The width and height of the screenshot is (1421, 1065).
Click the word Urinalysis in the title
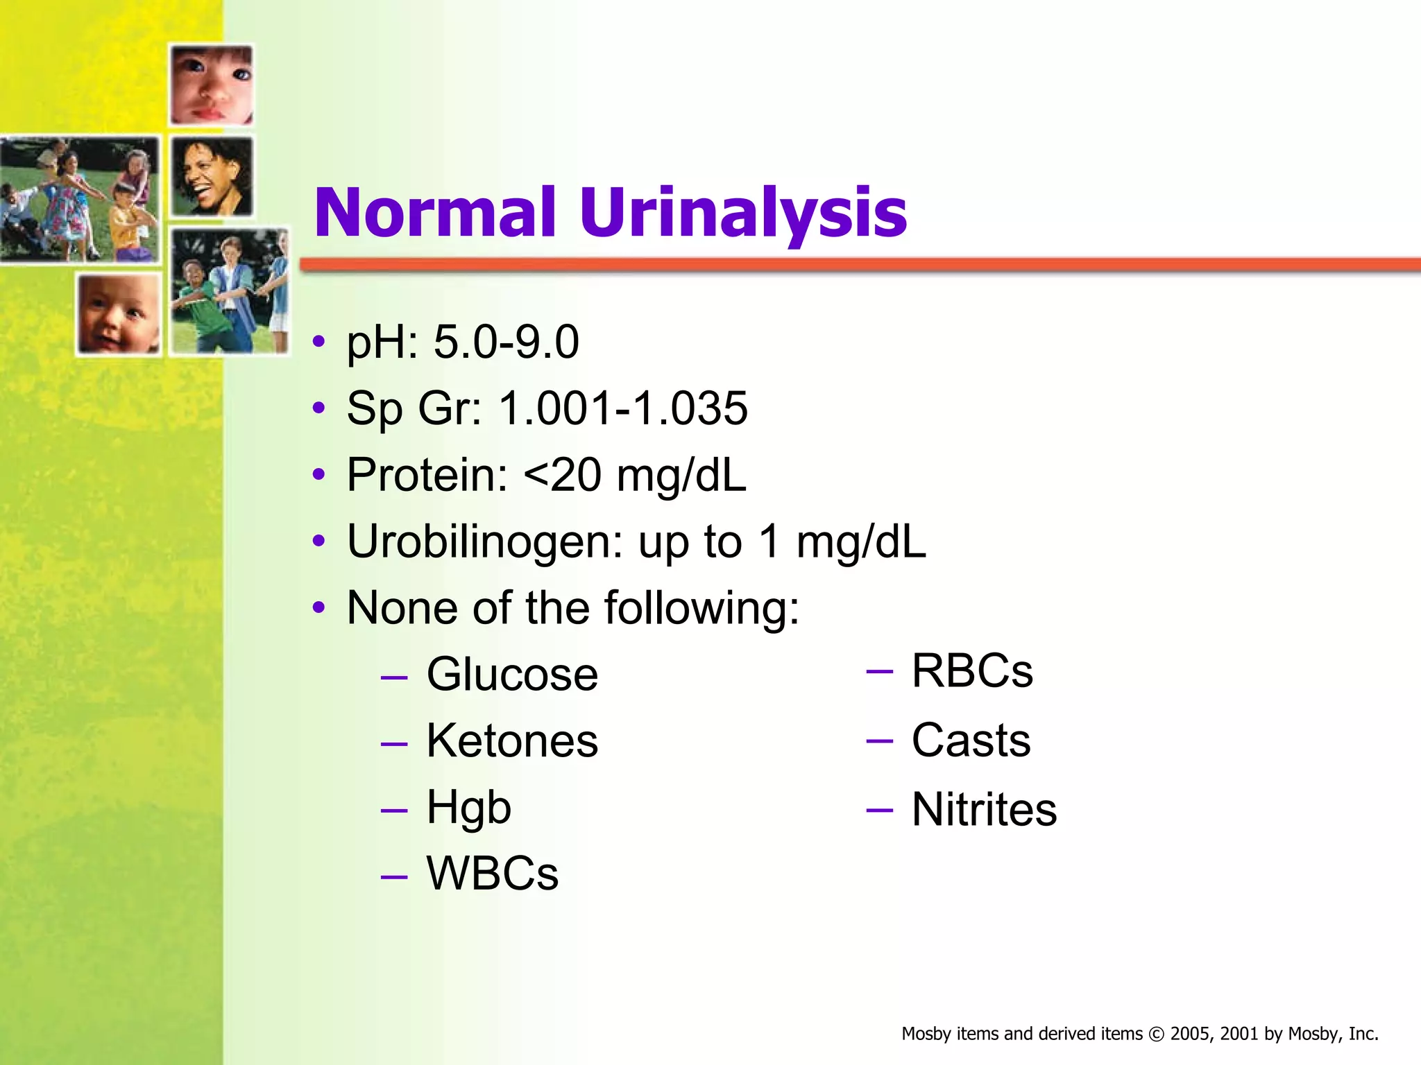[x=742, y=214]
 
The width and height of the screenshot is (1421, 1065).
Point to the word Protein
[x=427, y=475]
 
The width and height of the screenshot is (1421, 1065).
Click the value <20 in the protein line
[x=563, y=475]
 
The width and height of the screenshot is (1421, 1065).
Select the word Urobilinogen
[x=485, y=542]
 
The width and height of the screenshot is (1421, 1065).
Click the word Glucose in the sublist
[x=512, y=674]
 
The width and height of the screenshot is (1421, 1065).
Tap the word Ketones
[x=512, y=741]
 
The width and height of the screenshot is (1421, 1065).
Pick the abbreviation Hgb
[x=469, y=808]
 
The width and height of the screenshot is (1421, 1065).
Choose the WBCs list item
[x=492, y=873]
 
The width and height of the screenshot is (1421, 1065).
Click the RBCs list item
[x=972, y=671]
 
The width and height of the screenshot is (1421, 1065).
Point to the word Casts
[x=971, y=740]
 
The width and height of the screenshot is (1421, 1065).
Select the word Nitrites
[x=984, y=809]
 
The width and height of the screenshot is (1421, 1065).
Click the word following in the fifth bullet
[x=701, y=608]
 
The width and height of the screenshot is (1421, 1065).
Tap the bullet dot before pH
[x=318, y=342]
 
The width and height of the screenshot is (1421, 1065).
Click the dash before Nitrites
[x=879, y=809]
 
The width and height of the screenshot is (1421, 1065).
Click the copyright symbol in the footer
[x=1156, y=1034]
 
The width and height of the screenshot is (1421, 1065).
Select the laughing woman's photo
[x=212, y=177]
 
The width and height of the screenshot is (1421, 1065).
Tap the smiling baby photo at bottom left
[x=119, y=314]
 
